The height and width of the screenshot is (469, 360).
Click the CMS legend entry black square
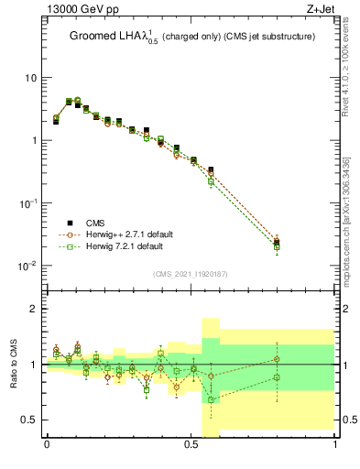coord(70,223)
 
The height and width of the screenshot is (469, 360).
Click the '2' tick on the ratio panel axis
coord(34,310)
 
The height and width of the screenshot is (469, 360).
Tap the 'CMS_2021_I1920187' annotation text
coord(191,274)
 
